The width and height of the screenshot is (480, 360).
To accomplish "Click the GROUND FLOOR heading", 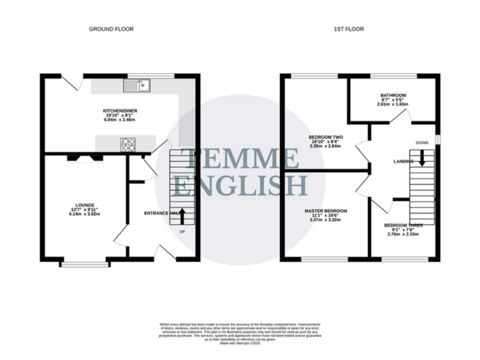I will (x=111, y=29).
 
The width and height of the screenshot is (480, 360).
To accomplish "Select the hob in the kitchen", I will (x=128, y=144).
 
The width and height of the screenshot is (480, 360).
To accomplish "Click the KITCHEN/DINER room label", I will (x=120, y=111).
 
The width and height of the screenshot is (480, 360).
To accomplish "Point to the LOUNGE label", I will (x=84, y=205).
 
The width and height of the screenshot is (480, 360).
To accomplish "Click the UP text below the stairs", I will (x=182, y=232).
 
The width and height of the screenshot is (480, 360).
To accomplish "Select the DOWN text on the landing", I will (x=422, y=142).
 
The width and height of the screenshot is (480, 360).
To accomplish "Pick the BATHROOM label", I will (x=393, y=96).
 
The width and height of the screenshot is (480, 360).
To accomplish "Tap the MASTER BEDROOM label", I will (x=326, y=211).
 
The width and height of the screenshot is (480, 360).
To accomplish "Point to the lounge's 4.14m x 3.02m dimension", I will (x=84, y=214).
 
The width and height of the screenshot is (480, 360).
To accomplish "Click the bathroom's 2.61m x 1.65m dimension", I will (x=393, y=104).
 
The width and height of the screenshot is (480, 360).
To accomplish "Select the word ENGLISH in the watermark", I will (x=241, y=186).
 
